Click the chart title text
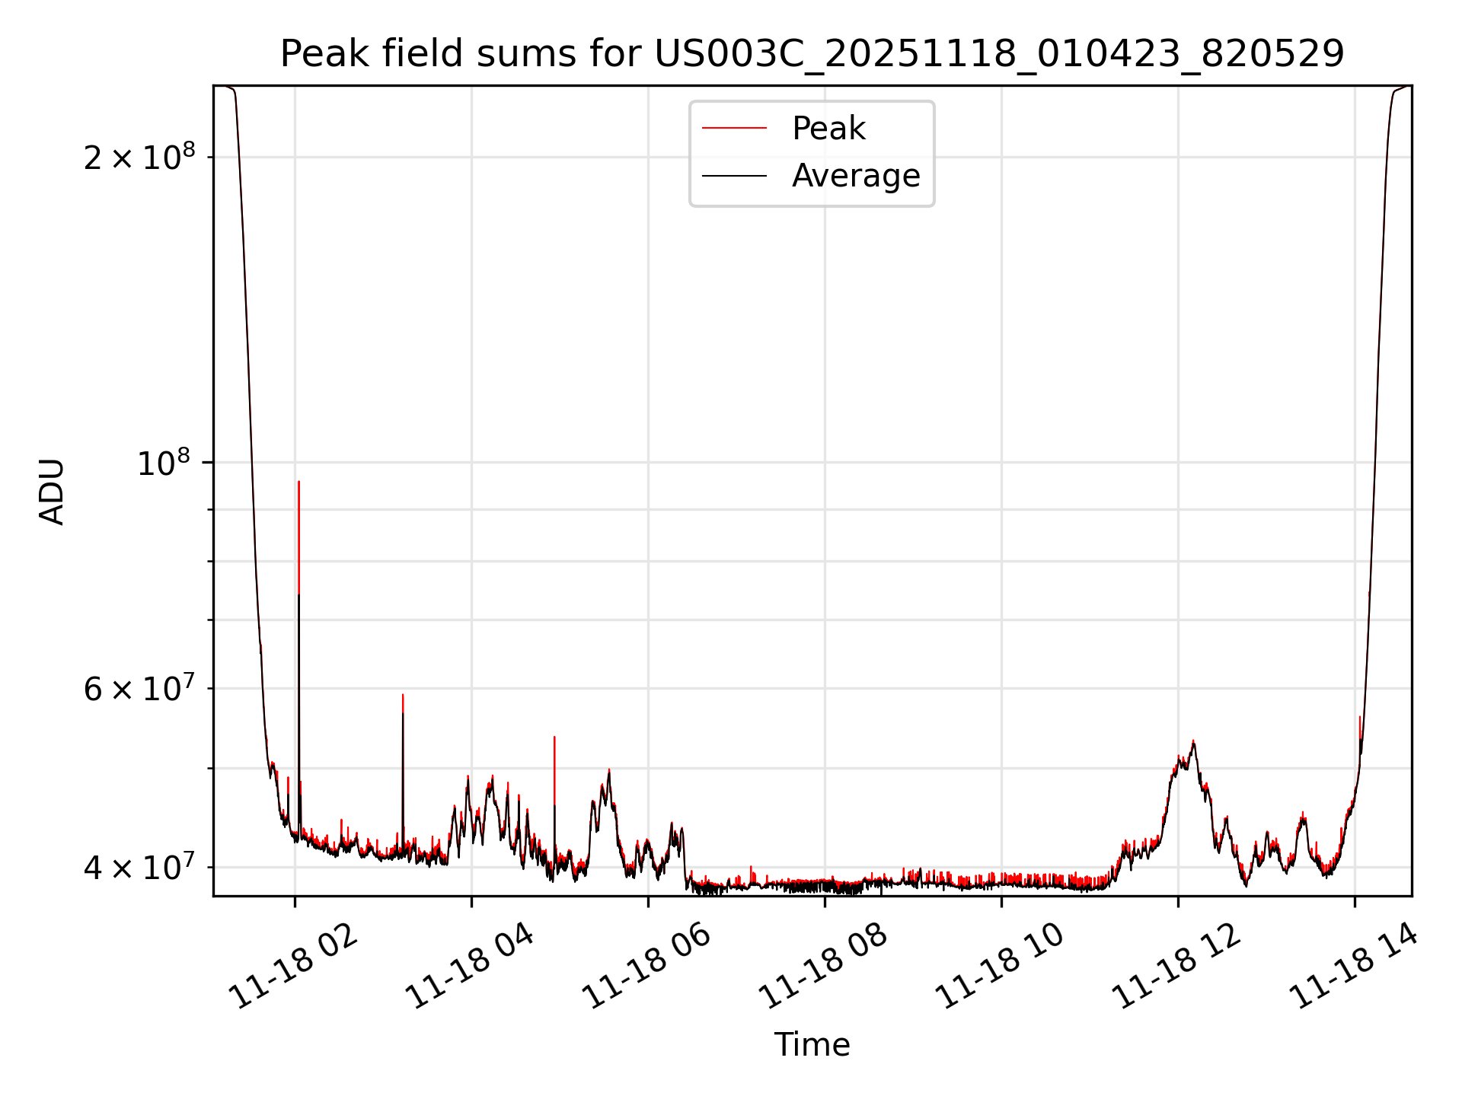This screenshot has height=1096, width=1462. click(812, 54)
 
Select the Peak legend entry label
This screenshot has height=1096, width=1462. click(828, 129)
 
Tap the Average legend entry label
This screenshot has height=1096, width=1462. click(856, 176)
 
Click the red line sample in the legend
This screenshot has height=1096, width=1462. click(734, 129)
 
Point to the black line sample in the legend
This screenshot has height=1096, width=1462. click(734, 176)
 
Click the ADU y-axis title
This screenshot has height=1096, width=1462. click(52, 492)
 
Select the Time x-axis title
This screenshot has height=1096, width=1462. click(812, 1045)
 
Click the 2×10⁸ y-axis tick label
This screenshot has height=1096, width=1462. click(139, 158)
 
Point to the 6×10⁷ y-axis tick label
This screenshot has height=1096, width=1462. click(139, 689)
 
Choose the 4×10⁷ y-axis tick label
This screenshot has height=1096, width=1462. click(139, 867)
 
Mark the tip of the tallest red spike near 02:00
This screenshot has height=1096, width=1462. click(298, 482)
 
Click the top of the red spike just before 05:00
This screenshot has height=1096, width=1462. click(554, 737)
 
